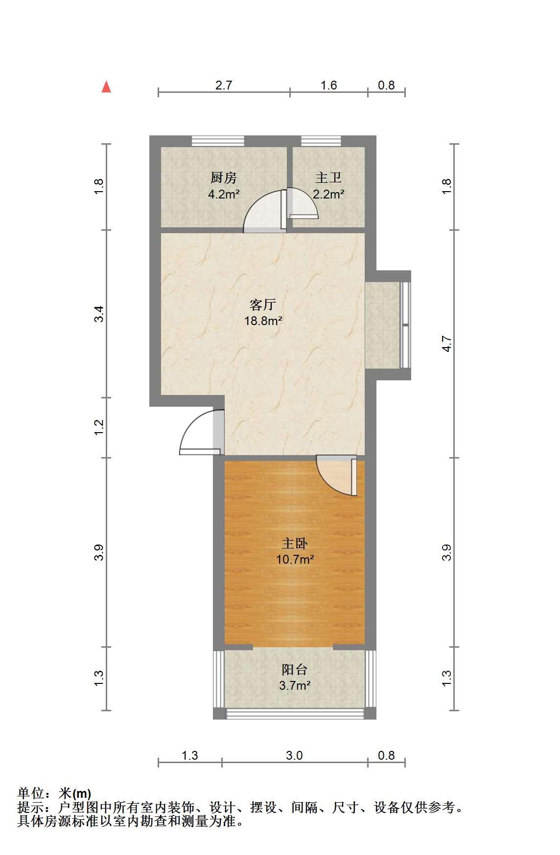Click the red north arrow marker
click(106, 87)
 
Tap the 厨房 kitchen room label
click(224, 177)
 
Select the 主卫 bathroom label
click(328, 177)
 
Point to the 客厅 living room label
click(263, 305)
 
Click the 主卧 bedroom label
click(294, 543)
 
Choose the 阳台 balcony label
click(294, 669)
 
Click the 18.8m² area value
click(263, 321)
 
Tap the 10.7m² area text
click(295, 559)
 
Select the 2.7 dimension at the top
click(224, 85)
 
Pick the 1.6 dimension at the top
click(328, 85)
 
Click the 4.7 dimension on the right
click(446, 344)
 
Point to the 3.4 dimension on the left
click(99, 313)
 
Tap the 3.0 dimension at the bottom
click(294, 755)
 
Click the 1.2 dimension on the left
click(99, 427)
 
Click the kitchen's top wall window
click(217, 141)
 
